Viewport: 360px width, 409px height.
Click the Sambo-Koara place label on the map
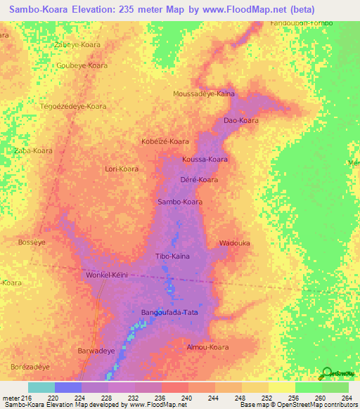pos(180,202)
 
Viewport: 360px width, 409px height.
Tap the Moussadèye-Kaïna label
pos(204,93)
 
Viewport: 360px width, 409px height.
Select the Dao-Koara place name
pos(241,121)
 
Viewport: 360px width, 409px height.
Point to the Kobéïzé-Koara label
pos(165,141)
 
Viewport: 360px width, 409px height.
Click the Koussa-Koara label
pos(205,160)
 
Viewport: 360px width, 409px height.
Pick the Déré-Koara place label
pos(199,180)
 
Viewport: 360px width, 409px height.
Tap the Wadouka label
pos(235,243)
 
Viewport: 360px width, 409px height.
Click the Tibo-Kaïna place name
pos(172,257)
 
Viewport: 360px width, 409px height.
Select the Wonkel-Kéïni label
pos(106,275)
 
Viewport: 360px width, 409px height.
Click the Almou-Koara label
pos(208,347)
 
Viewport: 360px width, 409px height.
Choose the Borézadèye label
pos(30,367)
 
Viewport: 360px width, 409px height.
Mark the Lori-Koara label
pos(121,169)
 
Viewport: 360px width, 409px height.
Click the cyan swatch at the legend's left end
pos(41,387)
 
